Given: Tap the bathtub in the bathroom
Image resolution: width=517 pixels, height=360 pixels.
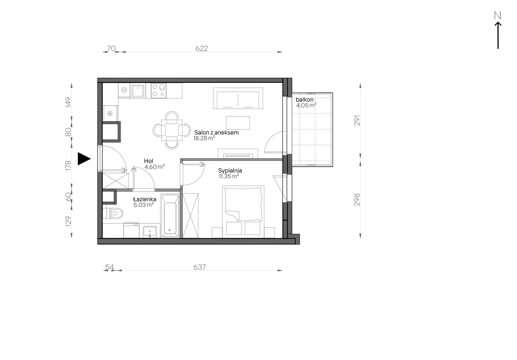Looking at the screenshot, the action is click(x=170, y=216).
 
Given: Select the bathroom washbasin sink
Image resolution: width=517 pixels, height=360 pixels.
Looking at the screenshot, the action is click(x=150, y=232).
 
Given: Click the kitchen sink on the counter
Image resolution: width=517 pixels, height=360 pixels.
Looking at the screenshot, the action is click(x=138, y=91).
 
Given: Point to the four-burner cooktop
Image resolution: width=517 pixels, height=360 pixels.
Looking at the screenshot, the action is click(x=159, y=91).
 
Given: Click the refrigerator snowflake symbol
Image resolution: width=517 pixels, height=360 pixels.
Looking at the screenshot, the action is click(x=110, y=113).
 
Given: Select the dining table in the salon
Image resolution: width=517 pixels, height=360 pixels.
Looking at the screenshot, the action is click(x=172, y=130).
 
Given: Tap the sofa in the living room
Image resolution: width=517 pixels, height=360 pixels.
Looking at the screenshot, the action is click(x=238, y=98).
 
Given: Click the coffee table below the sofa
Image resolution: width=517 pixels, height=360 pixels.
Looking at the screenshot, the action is click(x=238, y=123).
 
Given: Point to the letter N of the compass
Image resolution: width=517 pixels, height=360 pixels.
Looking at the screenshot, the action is click(x=497, y=16).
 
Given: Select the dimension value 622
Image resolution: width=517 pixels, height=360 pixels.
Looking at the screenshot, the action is click(x=202, y=48).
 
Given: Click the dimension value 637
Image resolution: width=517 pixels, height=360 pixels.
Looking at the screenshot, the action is click(x=199, y=267).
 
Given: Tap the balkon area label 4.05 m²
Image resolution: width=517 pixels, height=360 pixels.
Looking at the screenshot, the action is click(x=306, y=105).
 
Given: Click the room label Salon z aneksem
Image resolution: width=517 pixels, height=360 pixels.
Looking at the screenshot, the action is click(x=216, y=133).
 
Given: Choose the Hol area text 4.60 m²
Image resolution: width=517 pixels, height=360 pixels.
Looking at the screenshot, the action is click(x=154, y=167).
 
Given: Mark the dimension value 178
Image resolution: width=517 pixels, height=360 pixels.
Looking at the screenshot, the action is click(x=68, y=165).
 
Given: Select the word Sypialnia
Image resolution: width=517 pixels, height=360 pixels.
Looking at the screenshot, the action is click(x=230, y=171).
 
